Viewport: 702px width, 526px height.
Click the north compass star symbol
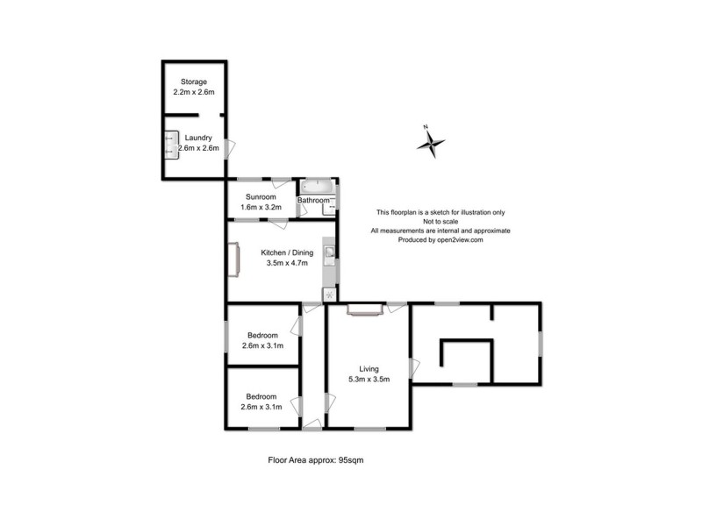(x=430, y=143)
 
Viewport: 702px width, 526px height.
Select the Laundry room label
(x=197, y=138)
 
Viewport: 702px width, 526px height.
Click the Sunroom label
(x=260, y=197)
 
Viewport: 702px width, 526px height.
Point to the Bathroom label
(x=313, y=201)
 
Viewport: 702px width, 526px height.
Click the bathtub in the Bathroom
(x=316, y=187)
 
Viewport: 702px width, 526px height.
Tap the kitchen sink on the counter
(x=329, y=253)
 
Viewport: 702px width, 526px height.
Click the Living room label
(x=368, y=369)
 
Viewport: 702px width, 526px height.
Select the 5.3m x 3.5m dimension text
(x=368, y=380)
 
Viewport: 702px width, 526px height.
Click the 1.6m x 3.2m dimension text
(x=260, y=208)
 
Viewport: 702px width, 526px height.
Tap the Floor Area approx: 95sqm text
(x=315, y=460)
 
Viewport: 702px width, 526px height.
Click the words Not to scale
(x=441, y=222)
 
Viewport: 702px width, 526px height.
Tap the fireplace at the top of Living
(x=363, y=307)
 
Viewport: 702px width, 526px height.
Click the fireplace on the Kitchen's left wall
(x=235, y=260)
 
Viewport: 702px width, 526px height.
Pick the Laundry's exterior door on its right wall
(x=230, y=148)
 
